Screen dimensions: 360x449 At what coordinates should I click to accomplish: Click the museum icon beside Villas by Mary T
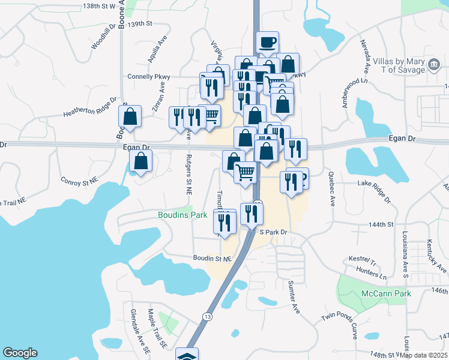[433, 65]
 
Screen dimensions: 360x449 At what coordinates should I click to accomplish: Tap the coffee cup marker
[267, 43]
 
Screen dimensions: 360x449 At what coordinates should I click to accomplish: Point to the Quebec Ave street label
[331, 188]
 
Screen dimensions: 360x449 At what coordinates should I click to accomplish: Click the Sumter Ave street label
[294, 296]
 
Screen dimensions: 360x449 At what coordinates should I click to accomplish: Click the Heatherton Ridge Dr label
[90, 107]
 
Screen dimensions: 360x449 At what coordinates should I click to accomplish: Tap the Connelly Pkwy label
[149, 77]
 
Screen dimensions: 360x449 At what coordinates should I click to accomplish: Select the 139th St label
[140, 23]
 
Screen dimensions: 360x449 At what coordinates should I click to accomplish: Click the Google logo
[20, 353]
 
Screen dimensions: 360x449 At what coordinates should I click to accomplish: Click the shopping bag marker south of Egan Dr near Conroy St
[140, 161]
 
